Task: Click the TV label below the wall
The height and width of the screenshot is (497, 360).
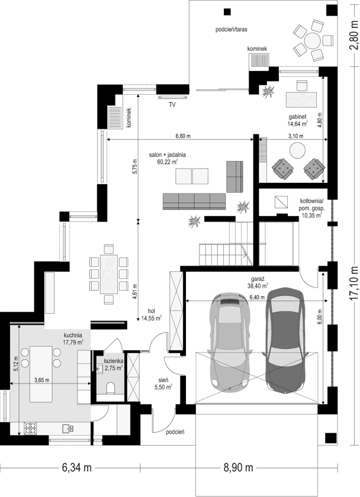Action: click(x=172, y=105)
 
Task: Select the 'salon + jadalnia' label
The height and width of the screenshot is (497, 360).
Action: click(x=168, y=155)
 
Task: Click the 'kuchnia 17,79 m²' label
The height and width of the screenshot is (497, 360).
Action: click(x=73, y=338)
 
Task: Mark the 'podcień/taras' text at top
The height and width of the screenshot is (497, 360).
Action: click(x=232, y=30)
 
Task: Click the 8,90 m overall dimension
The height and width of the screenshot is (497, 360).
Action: click(x=238, y=467)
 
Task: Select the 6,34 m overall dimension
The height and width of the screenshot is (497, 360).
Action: click(x=77, y=467)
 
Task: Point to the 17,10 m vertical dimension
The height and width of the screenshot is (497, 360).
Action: click(x=354, y=283)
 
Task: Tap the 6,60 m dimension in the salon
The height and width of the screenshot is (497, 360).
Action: click(x=184, y=137)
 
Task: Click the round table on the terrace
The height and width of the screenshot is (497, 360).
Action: click(x=313, y=41)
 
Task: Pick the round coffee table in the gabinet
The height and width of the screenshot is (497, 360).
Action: click(x=297, y=150)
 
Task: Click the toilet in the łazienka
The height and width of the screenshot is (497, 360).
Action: click(x=111, y=388)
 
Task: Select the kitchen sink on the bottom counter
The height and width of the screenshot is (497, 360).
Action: click(x=68, y=428)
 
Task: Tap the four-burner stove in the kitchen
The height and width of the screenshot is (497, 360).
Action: click(x=30, y=428)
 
